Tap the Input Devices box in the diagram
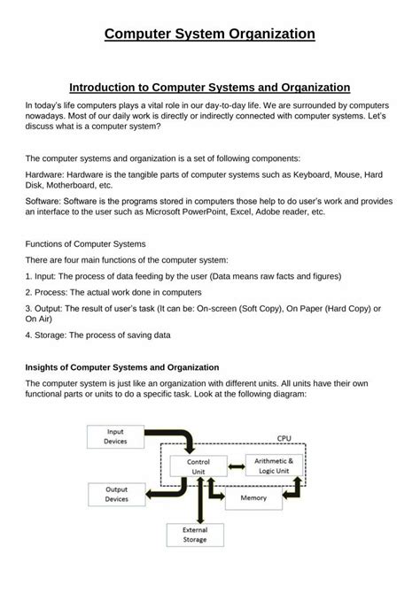click(115, 436)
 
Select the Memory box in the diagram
click(253, 499)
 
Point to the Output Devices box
click(116, 494)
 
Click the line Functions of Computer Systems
click(86, 243)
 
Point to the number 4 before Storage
click(28, 335)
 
